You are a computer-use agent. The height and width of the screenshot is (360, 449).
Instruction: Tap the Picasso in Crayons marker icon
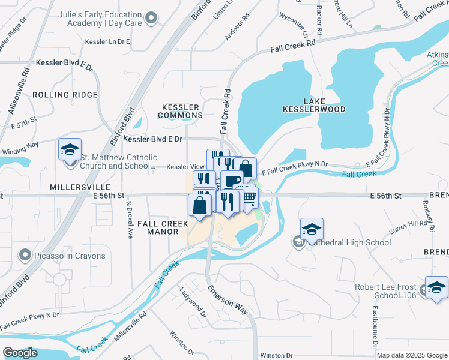(x=25, y=256)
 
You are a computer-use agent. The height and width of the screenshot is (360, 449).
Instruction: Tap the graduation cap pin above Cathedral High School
(x=312, y=229)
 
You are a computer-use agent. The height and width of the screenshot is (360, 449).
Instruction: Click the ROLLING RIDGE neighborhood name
(x=65, y=95)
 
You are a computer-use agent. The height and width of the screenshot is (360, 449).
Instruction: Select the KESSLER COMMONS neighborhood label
(x=181, y=110)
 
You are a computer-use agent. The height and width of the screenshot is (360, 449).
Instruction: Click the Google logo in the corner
(x=20, y=353)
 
